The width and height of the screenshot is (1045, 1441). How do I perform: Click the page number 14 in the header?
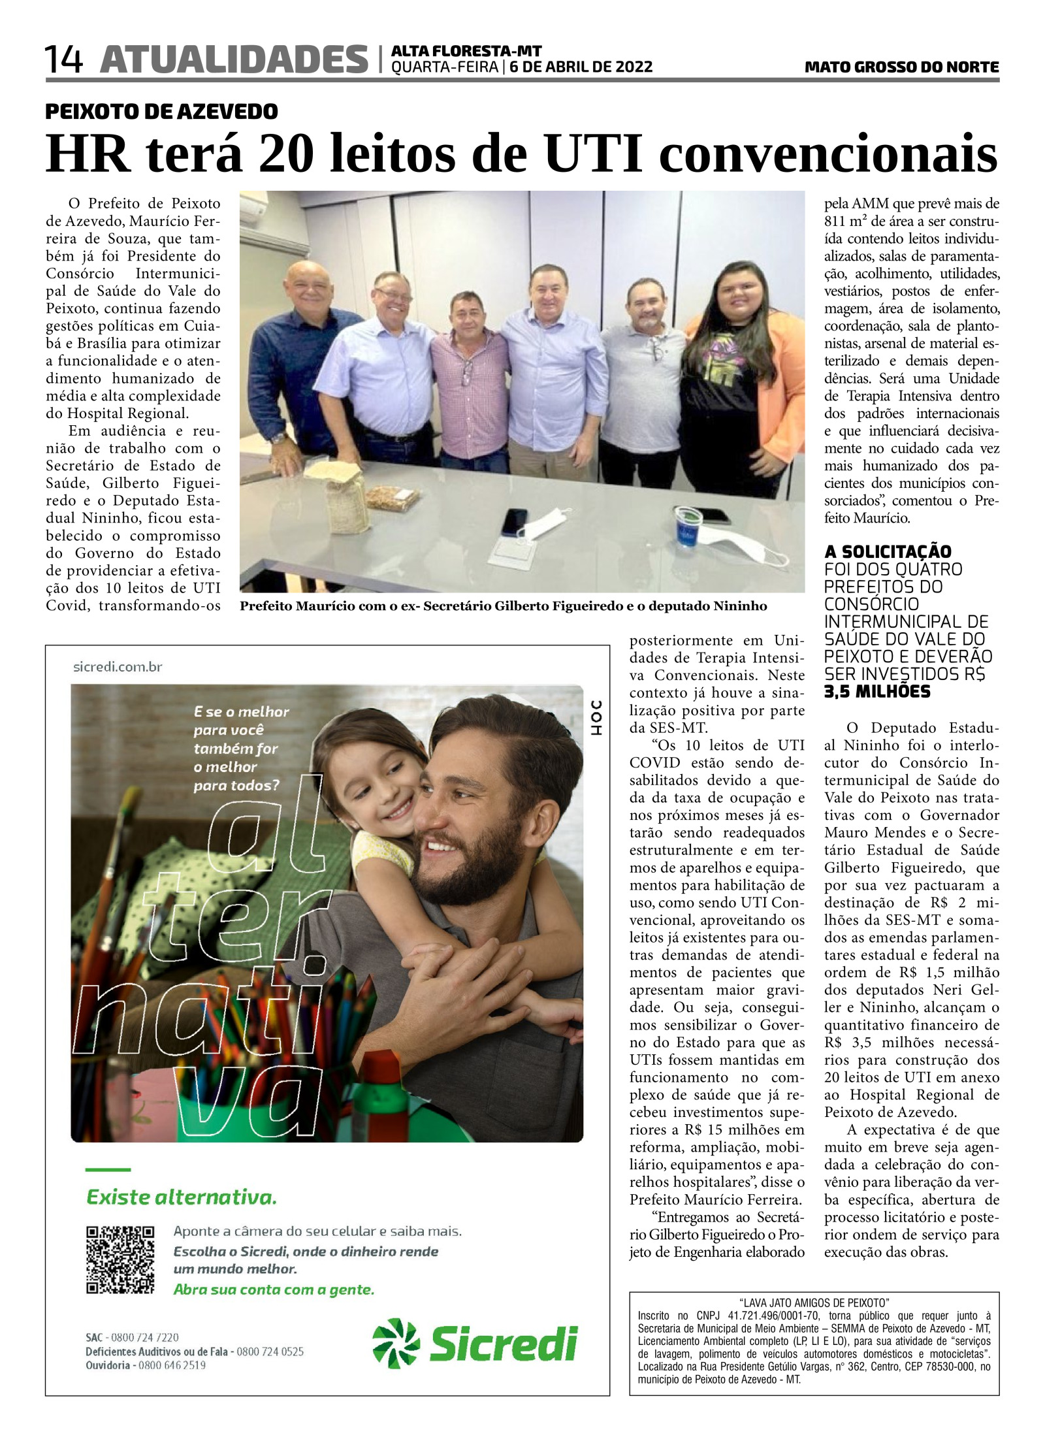point(63,59)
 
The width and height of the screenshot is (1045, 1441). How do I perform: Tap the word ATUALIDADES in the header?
point(234,59)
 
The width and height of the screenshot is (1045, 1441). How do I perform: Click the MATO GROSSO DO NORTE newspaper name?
point(901,67)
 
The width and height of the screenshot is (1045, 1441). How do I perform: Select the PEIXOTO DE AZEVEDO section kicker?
point(161,112)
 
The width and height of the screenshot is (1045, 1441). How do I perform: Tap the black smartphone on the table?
point(514,521)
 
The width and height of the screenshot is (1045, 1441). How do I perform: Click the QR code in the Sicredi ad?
point(120,1260)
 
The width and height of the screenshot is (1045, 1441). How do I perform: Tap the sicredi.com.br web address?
point(118,667)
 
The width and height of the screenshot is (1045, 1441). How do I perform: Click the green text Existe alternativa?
point(182,1197)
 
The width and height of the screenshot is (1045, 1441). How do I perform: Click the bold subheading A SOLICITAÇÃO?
point(887,551)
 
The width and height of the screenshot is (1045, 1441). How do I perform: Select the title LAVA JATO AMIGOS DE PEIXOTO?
point(814,1303)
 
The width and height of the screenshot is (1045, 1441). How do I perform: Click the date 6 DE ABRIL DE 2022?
point(580,67)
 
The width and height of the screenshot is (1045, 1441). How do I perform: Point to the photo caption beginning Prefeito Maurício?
point(503,606)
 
